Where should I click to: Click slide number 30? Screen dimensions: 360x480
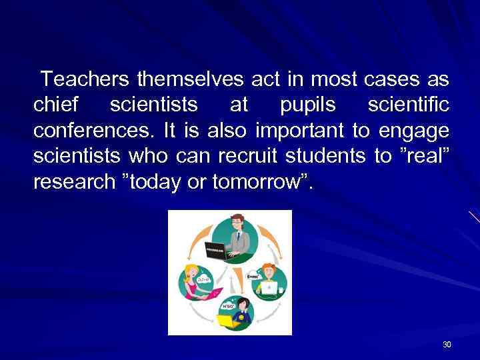tap(447, 345)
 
